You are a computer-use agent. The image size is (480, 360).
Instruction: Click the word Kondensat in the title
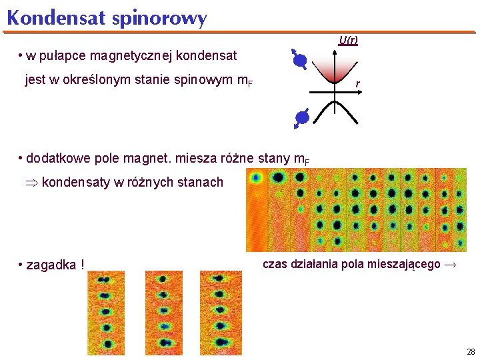coord(56,18)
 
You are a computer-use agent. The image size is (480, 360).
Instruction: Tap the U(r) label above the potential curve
coord(348,41)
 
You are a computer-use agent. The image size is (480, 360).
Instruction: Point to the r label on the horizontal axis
coord(358,83)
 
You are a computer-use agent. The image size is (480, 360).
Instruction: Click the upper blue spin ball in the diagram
coord(300,62)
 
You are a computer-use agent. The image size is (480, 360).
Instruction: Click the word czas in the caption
coord(275,264)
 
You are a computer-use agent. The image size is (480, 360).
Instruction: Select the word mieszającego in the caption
coord(405,264)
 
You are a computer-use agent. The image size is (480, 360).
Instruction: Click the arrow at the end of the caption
coord(451,265)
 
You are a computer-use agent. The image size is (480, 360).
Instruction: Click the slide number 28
coord(471,351)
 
